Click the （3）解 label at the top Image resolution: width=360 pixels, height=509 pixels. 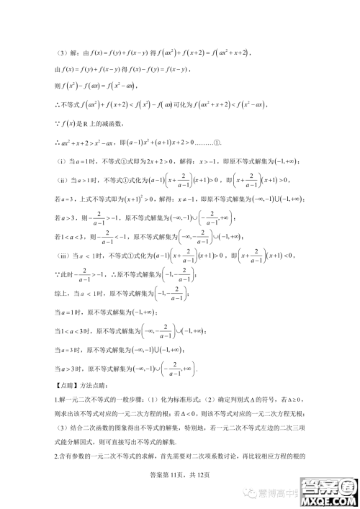[x=66, y=52]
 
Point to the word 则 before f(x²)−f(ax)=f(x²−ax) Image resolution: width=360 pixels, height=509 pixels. [x=57, y=86]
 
